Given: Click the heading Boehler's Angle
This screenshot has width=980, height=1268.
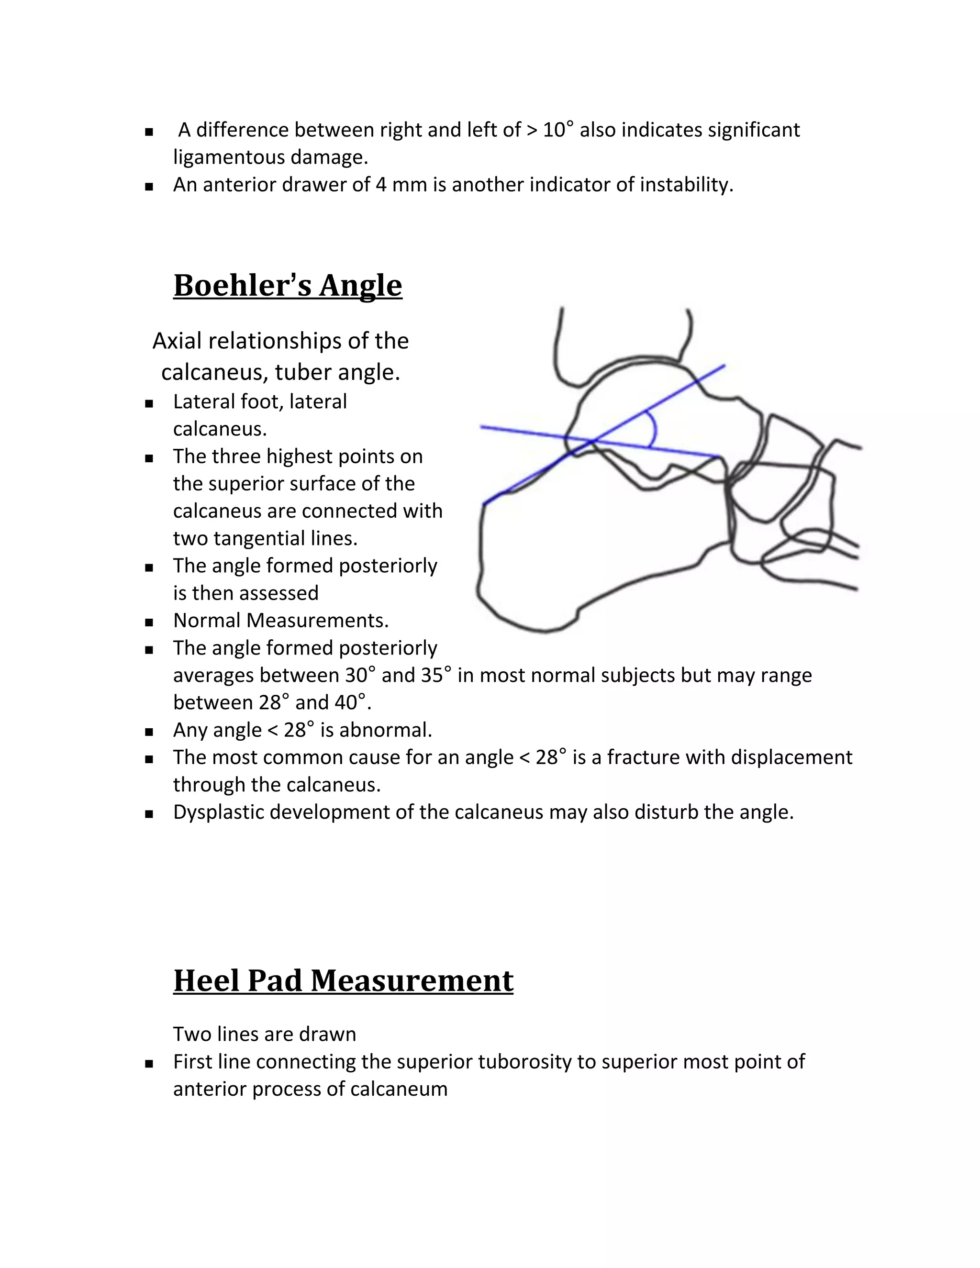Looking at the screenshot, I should click(288, 286).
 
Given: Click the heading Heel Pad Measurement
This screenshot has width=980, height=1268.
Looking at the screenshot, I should click(343, 980).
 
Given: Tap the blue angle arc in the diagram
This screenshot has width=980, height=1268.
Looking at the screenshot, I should click(654, 430).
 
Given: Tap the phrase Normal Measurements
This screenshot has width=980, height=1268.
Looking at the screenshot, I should click(280, 621).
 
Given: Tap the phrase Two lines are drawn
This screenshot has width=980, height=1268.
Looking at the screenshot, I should click(264, 1034).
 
